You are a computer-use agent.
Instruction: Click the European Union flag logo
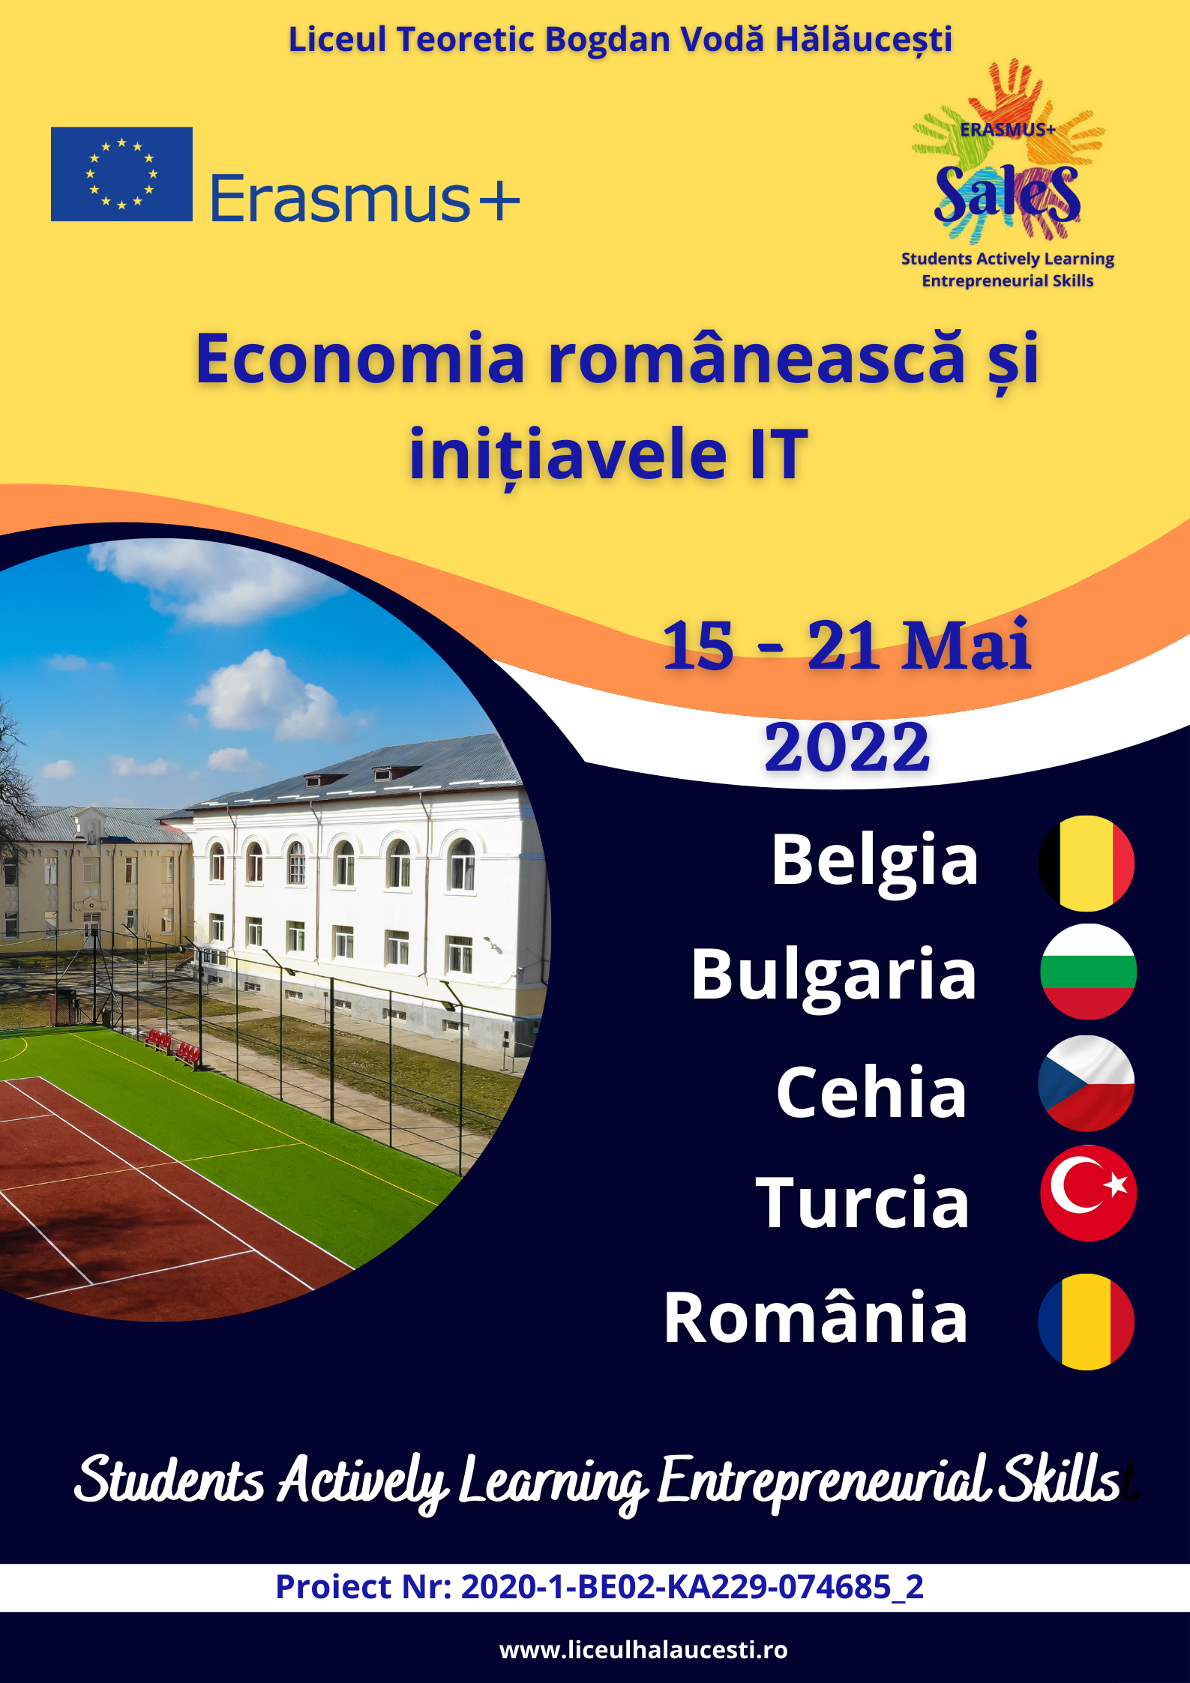[x=121, y=174]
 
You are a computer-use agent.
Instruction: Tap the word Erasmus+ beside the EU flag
[x=365, y=199]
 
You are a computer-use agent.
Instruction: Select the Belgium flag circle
[x=1087, y=863]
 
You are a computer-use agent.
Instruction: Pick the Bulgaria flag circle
[x=1088, y=972]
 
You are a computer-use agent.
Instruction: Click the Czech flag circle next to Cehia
[x=1087, y=1083]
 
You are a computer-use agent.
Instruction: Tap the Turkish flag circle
[x=1088, y=1193]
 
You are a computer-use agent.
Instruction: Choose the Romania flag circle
[x=1087, y=1322]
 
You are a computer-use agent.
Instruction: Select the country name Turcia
[x=862, y=1202]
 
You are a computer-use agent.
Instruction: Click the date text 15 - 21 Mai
[x=847, y=645]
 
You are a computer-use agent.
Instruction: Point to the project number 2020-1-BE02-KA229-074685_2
[x=692, y=1586]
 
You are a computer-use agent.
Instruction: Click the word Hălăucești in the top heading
[x=863, y=40]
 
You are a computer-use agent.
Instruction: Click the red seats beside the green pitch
[x=172, y=1048]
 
